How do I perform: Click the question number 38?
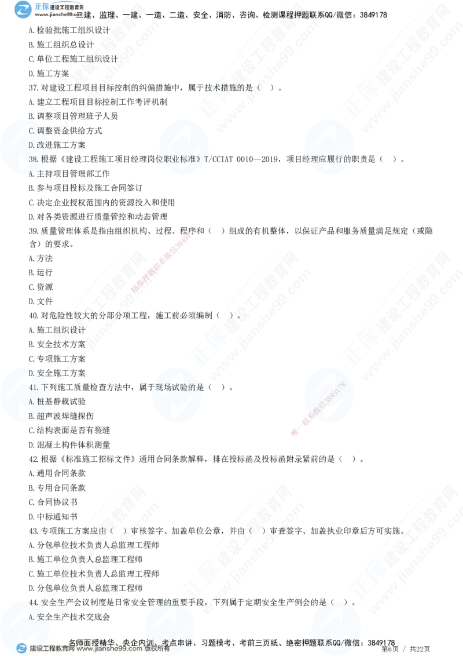(x=33, y=159)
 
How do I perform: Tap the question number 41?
(x=33, y=387)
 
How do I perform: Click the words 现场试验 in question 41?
(x=174, y=387)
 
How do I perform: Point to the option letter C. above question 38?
(x=32, y=131)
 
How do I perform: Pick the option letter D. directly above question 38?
(x=32, y=145)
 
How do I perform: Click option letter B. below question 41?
(x=32, y=416)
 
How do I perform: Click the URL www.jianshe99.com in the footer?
(x=109, y=649)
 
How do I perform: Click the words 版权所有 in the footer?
(x=159, y=649)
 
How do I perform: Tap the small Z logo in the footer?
(x=21, y=648)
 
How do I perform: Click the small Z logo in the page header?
(x=23, y=9)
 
